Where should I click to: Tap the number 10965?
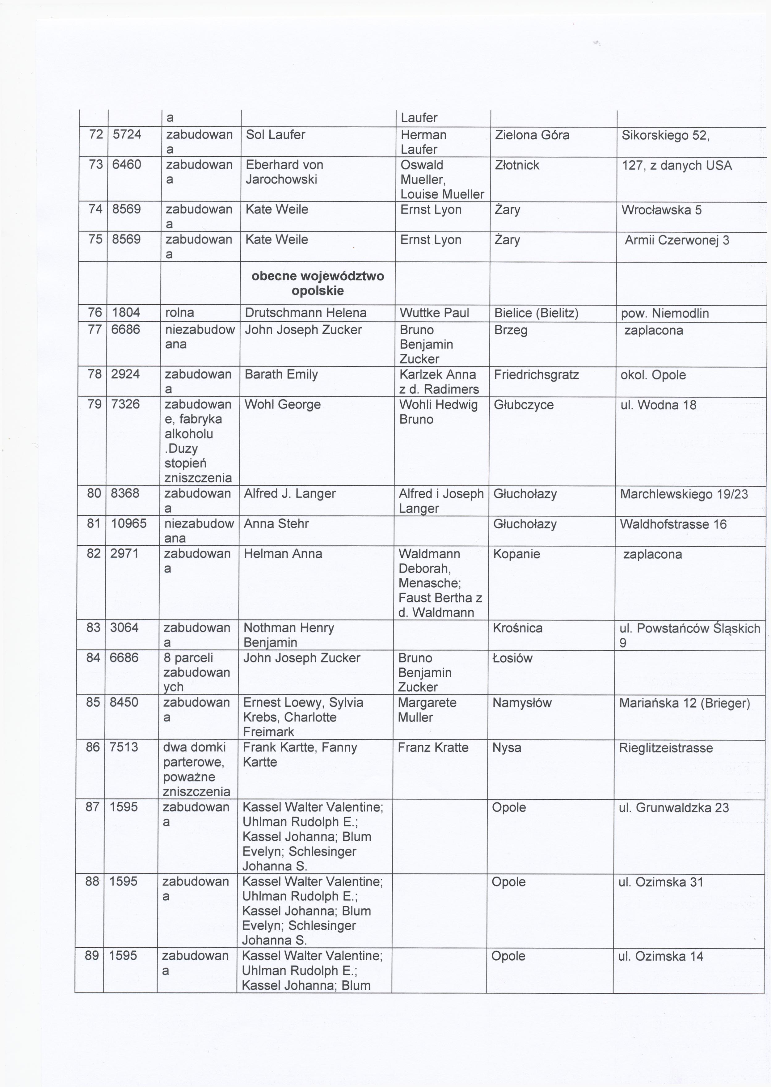coord(129,523)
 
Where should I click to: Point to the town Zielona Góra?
coord(532,135)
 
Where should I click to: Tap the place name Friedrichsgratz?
coord(536,375)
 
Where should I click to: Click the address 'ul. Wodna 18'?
coord(658,405)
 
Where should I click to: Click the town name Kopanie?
coord(516,554)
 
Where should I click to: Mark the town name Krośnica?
coord(517,628)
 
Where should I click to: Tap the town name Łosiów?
coord(513,658)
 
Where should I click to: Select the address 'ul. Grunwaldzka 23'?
coord(673,808)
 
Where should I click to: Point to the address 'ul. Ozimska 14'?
coord(660,956)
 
